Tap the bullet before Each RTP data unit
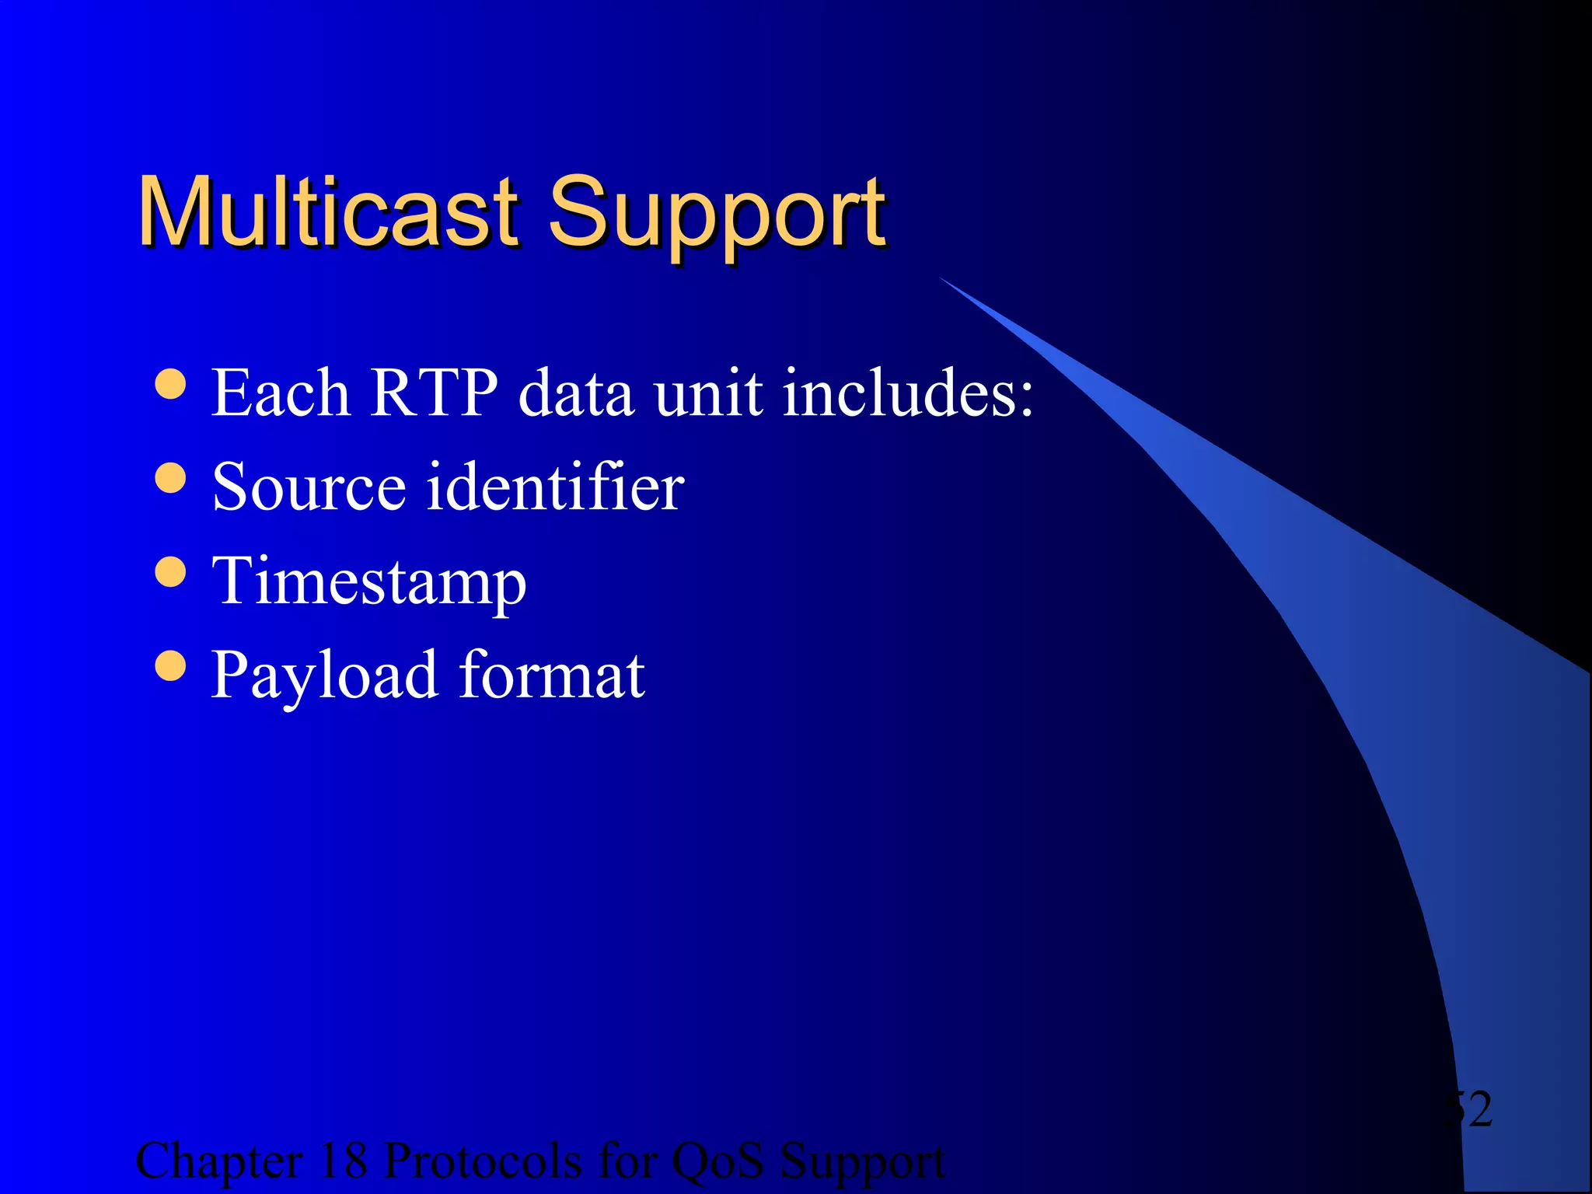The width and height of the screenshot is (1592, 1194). pos(170,383)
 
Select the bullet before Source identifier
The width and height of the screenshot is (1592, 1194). pos(170,477)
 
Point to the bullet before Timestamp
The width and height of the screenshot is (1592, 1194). pos(170,571)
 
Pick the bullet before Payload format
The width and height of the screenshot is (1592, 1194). pos(170,665)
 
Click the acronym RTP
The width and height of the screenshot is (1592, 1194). pos(433,393)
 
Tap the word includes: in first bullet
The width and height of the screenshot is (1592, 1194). pos(908,393)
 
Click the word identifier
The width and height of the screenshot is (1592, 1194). pos(556,487)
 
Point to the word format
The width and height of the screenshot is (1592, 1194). pos(552,675)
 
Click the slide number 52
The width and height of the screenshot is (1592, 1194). pos(1469,1109)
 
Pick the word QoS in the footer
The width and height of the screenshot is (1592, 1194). pos(717,1161)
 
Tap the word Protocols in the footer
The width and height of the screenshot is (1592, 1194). pos(483,1161)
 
